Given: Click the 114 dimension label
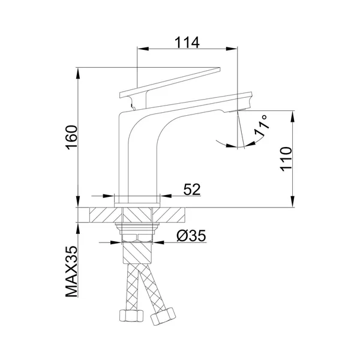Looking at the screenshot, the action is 187,43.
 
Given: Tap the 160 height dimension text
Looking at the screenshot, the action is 72,137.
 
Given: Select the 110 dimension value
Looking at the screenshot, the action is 286,159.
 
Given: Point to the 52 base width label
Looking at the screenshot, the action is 192,190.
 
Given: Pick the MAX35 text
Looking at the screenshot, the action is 71,272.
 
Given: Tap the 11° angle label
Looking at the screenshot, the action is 262,126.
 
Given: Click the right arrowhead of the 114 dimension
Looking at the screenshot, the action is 232,49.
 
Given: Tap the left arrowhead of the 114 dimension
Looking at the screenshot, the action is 143,49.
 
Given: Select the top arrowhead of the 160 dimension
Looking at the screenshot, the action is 78,73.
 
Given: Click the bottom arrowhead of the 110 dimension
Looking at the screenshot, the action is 293,202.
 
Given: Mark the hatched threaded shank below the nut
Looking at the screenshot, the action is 137,253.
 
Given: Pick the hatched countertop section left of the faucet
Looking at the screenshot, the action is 106,215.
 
